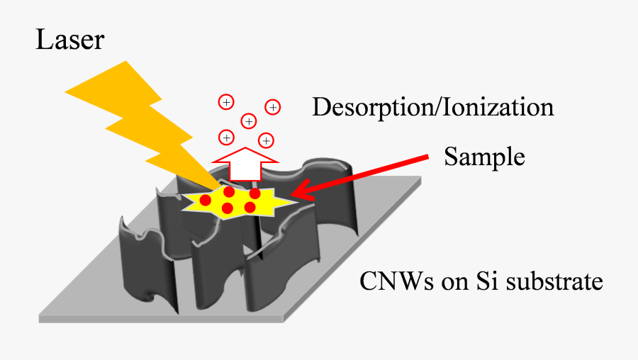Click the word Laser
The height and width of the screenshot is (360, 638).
click(x=69, y=40)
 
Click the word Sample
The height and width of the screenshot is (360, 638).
click(x=484, y=157)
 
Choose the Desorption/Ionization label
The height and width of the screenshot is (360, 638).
click(x=432, y=108)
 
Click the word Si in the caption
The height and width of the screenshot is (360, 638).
click(x=484, y=282)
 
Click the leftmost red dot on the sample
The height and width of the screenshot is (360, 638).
click(x=205, y=201)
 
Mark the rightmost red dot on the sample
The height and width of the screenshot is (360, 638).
click(x=254, y=193)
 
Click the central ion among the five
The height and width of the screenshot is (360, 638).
click(x=249, y=121)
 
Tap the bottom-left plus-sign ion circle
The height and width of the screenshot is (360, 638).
click(x=226, y=137)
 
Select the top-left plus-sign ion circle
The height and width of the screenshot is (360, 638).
click(x=225, y=102)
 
